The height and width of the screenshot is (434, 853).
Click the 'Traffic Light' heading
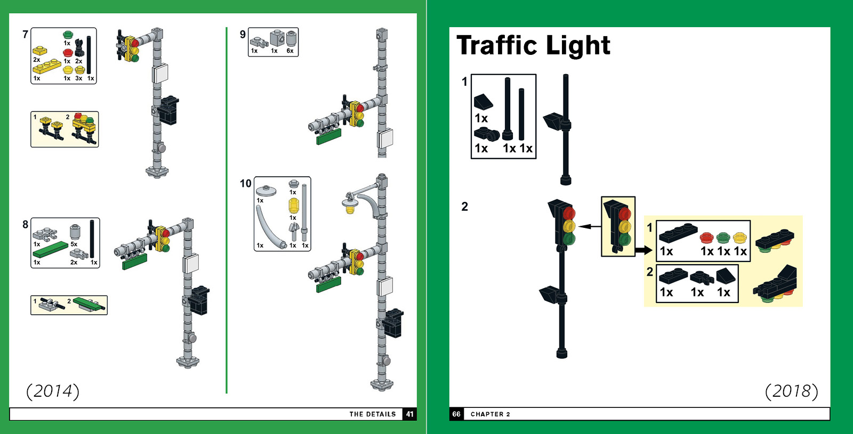coord(533,46)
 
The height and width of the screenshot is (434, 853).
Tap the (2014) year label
coord(53,391)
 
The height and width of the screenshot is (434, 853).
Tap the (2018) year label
coord(791,391)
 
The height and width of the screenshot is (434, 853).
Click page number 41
coord(409,414)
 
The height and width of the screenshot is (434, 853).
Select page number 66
coord(456,414)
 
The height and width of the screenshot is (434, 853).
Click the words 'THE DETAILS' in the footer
coord(373,414)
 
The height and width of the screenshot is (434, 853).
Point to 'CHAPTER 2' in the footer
coord(490,414)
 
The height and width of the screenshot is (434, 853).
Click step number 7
coord(25,35)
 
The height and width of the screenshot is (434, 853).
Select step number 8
coord(25,225)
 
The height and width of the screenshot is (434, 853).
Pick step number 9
coord(243,35)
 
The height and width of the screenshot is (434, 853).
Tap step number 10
coord(245,184)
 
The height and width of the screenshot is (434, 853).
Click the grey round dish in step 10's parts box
coord(266,191)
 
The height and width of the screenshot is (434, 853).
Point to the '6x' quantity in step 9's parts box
coord(290,51)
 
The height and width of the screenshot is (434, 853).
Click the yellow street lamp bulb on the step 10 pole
coord(350,209)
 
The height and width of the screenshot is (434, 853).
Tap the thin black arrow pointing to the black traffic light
coord(585,226)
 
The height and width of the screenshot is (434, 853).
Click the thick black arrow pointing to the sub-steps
coord(643,250)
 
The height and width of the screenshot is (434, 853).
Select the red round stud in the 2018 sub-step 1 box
coord(707,238)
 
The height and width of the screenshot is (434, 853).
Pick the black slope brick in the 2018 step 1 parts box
coord(483,101)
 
